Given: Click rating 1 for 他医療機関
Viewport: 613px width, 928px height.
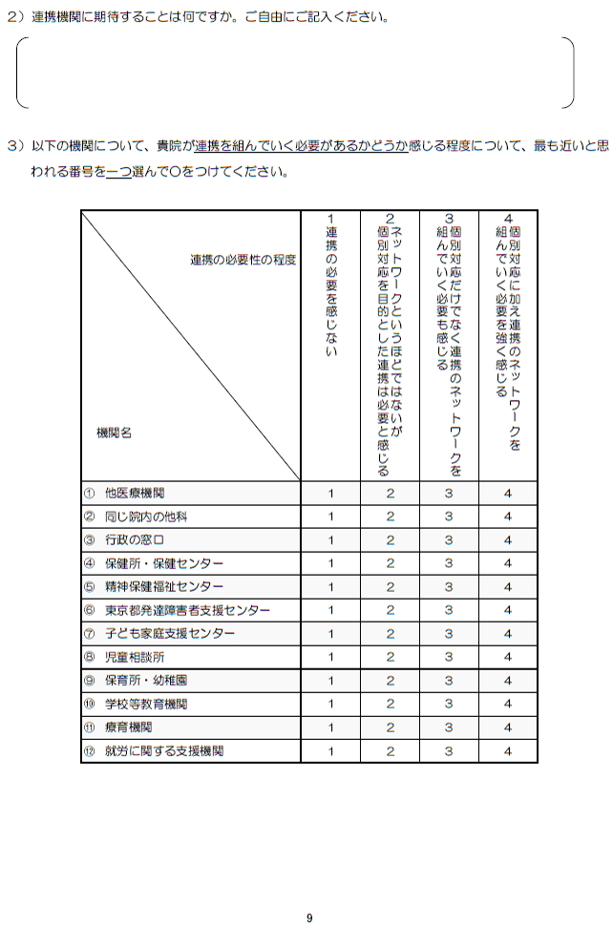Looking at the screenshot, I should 330,494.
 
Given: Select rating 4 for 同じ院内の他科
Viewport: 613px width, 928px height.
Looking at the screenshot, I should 508,517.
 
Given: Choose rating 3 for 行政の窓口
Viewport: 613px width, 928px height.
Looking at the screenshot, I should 448,540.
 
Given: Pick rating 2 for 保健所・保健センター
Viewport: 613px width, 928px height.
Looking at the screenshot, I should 390,563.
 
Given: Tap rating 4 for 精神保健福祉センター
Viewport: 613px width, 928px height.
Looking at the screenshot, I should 508,587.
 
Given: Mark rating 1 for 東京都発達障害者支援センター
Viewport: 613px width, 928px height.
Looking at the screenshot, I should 330,610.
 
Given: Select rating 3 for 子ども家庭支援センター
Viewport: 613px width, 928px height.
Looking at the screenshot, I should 448,634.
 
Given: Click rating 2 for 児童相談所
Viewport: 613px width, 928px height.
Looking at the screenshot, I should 390,657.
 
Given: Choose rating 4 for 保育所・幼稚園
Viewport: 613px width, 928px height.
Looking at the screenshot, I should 508,681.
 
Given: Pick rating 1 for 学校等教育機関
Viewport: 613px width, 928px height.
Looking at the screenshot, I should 330,704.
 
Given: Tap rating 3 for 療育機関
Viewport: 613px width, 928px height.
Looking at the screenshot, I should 448,728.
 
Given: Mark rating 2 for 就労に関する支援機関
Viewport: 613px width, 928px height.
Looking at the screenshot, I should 390,751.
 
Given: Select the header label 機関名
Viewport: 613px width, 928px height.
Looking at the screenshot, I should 115,432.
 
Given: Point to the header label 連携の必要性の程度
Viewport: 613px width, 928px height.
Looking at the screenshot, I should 243,260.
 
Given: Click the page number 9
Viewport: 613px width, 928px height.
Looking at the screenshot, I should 309,917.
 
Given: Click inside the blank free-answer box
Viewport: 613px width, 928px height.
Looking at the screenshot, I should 296,74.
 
